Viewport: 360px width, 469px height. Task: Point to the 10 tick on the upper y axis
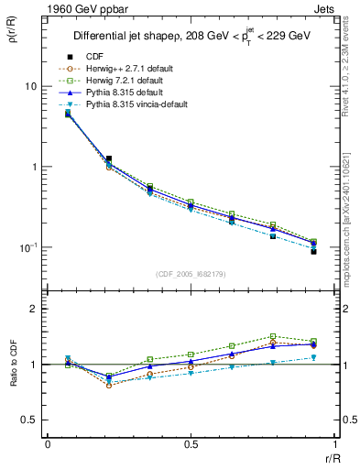coord(29,86)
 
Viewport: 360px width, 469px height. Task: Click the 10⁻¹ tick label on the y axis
coord(27,248)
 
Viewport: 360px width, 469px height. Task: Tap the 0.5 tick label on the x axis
coord(191,445)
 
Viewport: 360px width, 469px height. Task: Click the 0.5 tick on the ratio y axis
coord(28,420)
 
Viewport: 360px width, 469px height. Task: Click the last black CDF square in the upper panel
coord(313,251)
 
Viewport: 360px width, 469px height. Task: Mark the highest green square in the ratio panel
coord(273,336)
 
